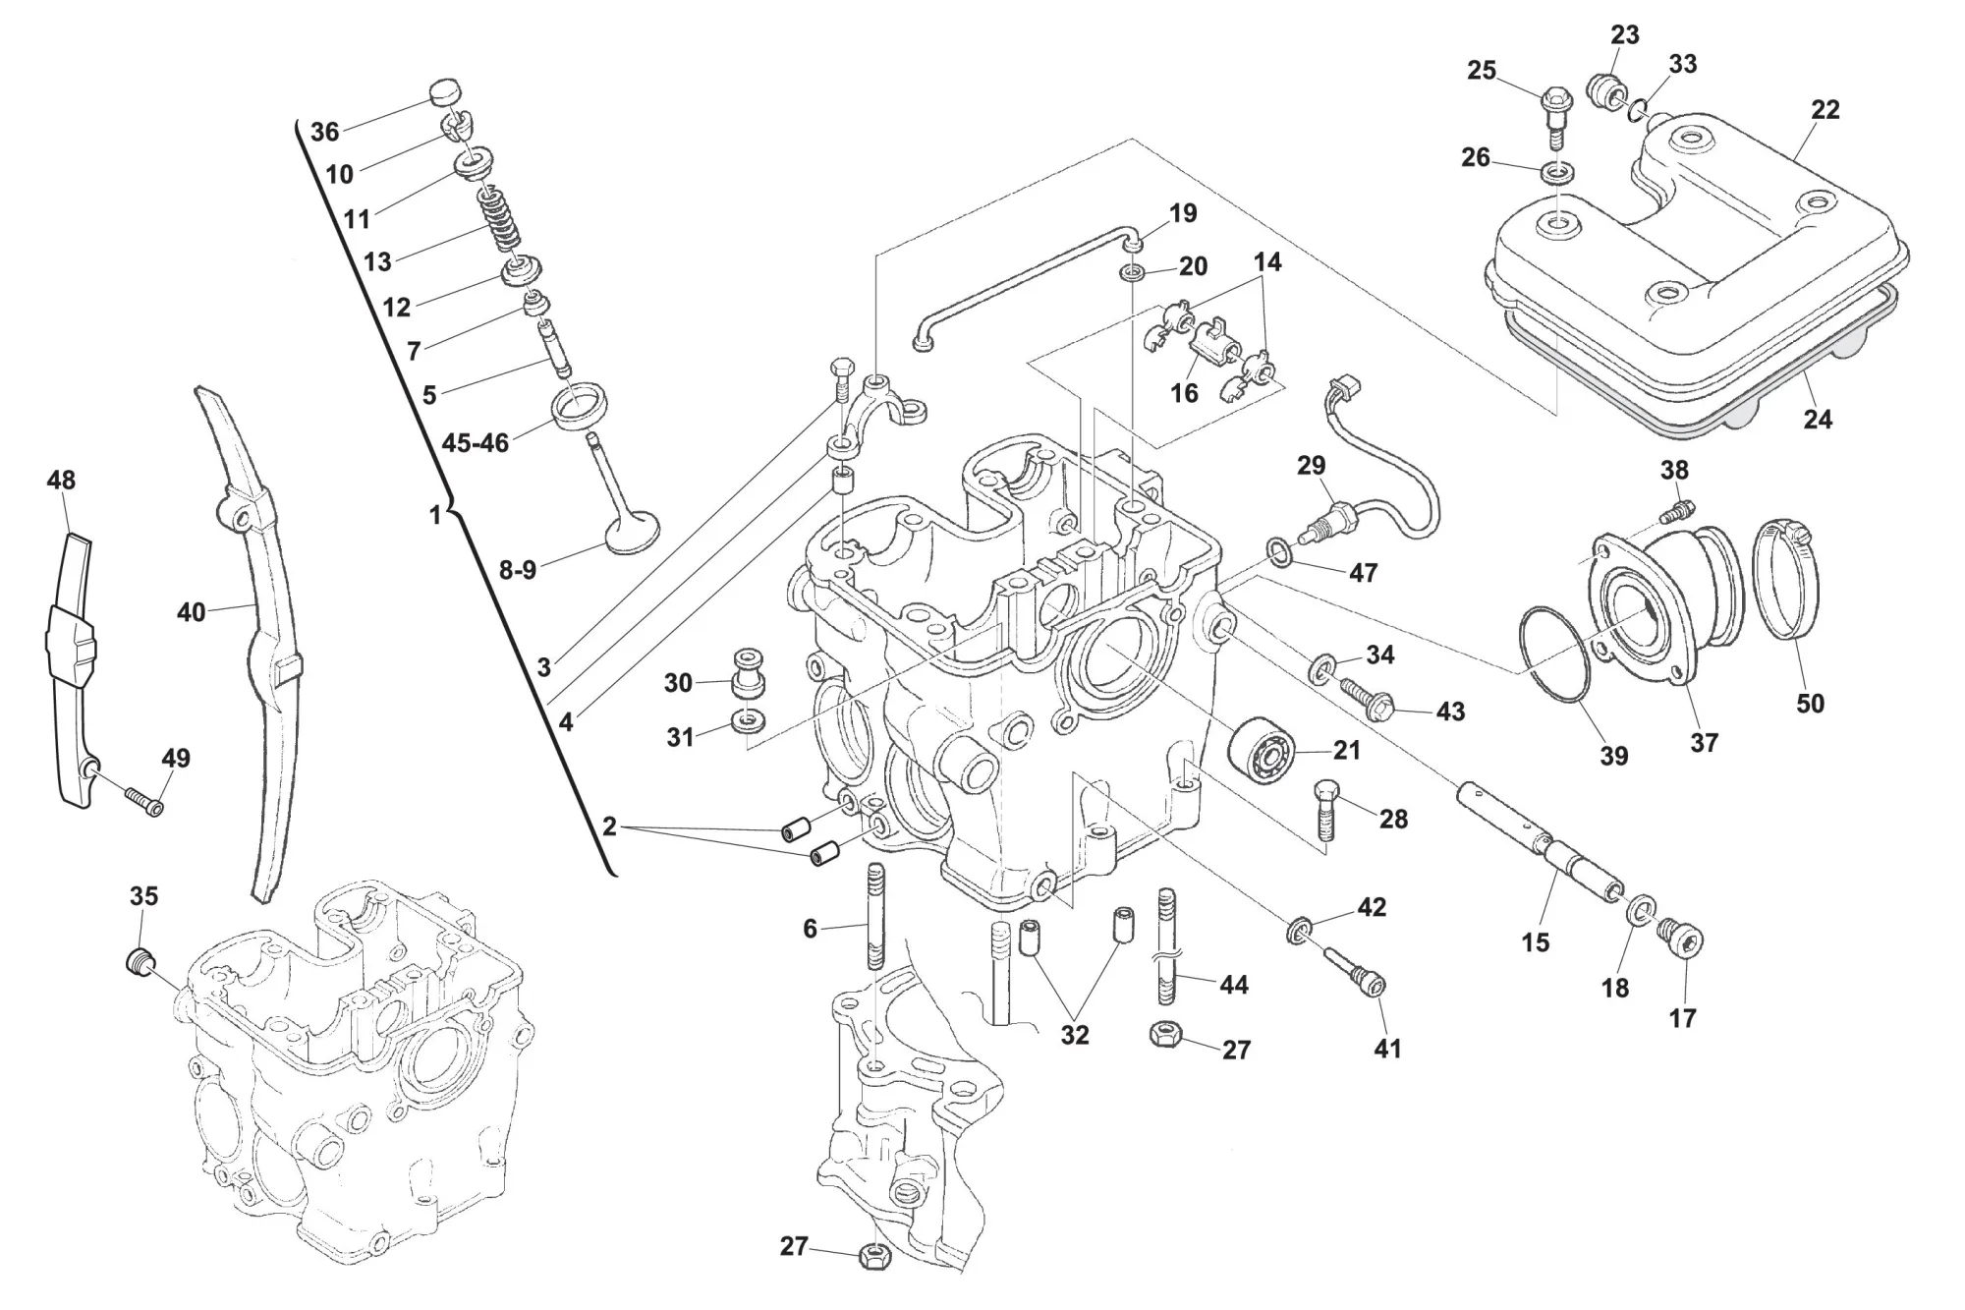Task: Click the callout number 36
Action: click(x=324, y=132)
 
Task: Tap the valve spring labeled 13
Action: click(x=498, y=218)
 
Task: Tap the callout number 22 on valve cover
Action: click(x=1825, y=109)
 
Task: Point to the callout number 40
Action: click(x=191, y=611)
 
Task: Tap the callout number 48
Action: click(x=61, y=481)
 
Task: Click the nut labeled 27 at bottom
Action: click(x=873, y=1255)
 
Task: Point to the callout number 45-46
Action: click(x=476, y=442)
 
